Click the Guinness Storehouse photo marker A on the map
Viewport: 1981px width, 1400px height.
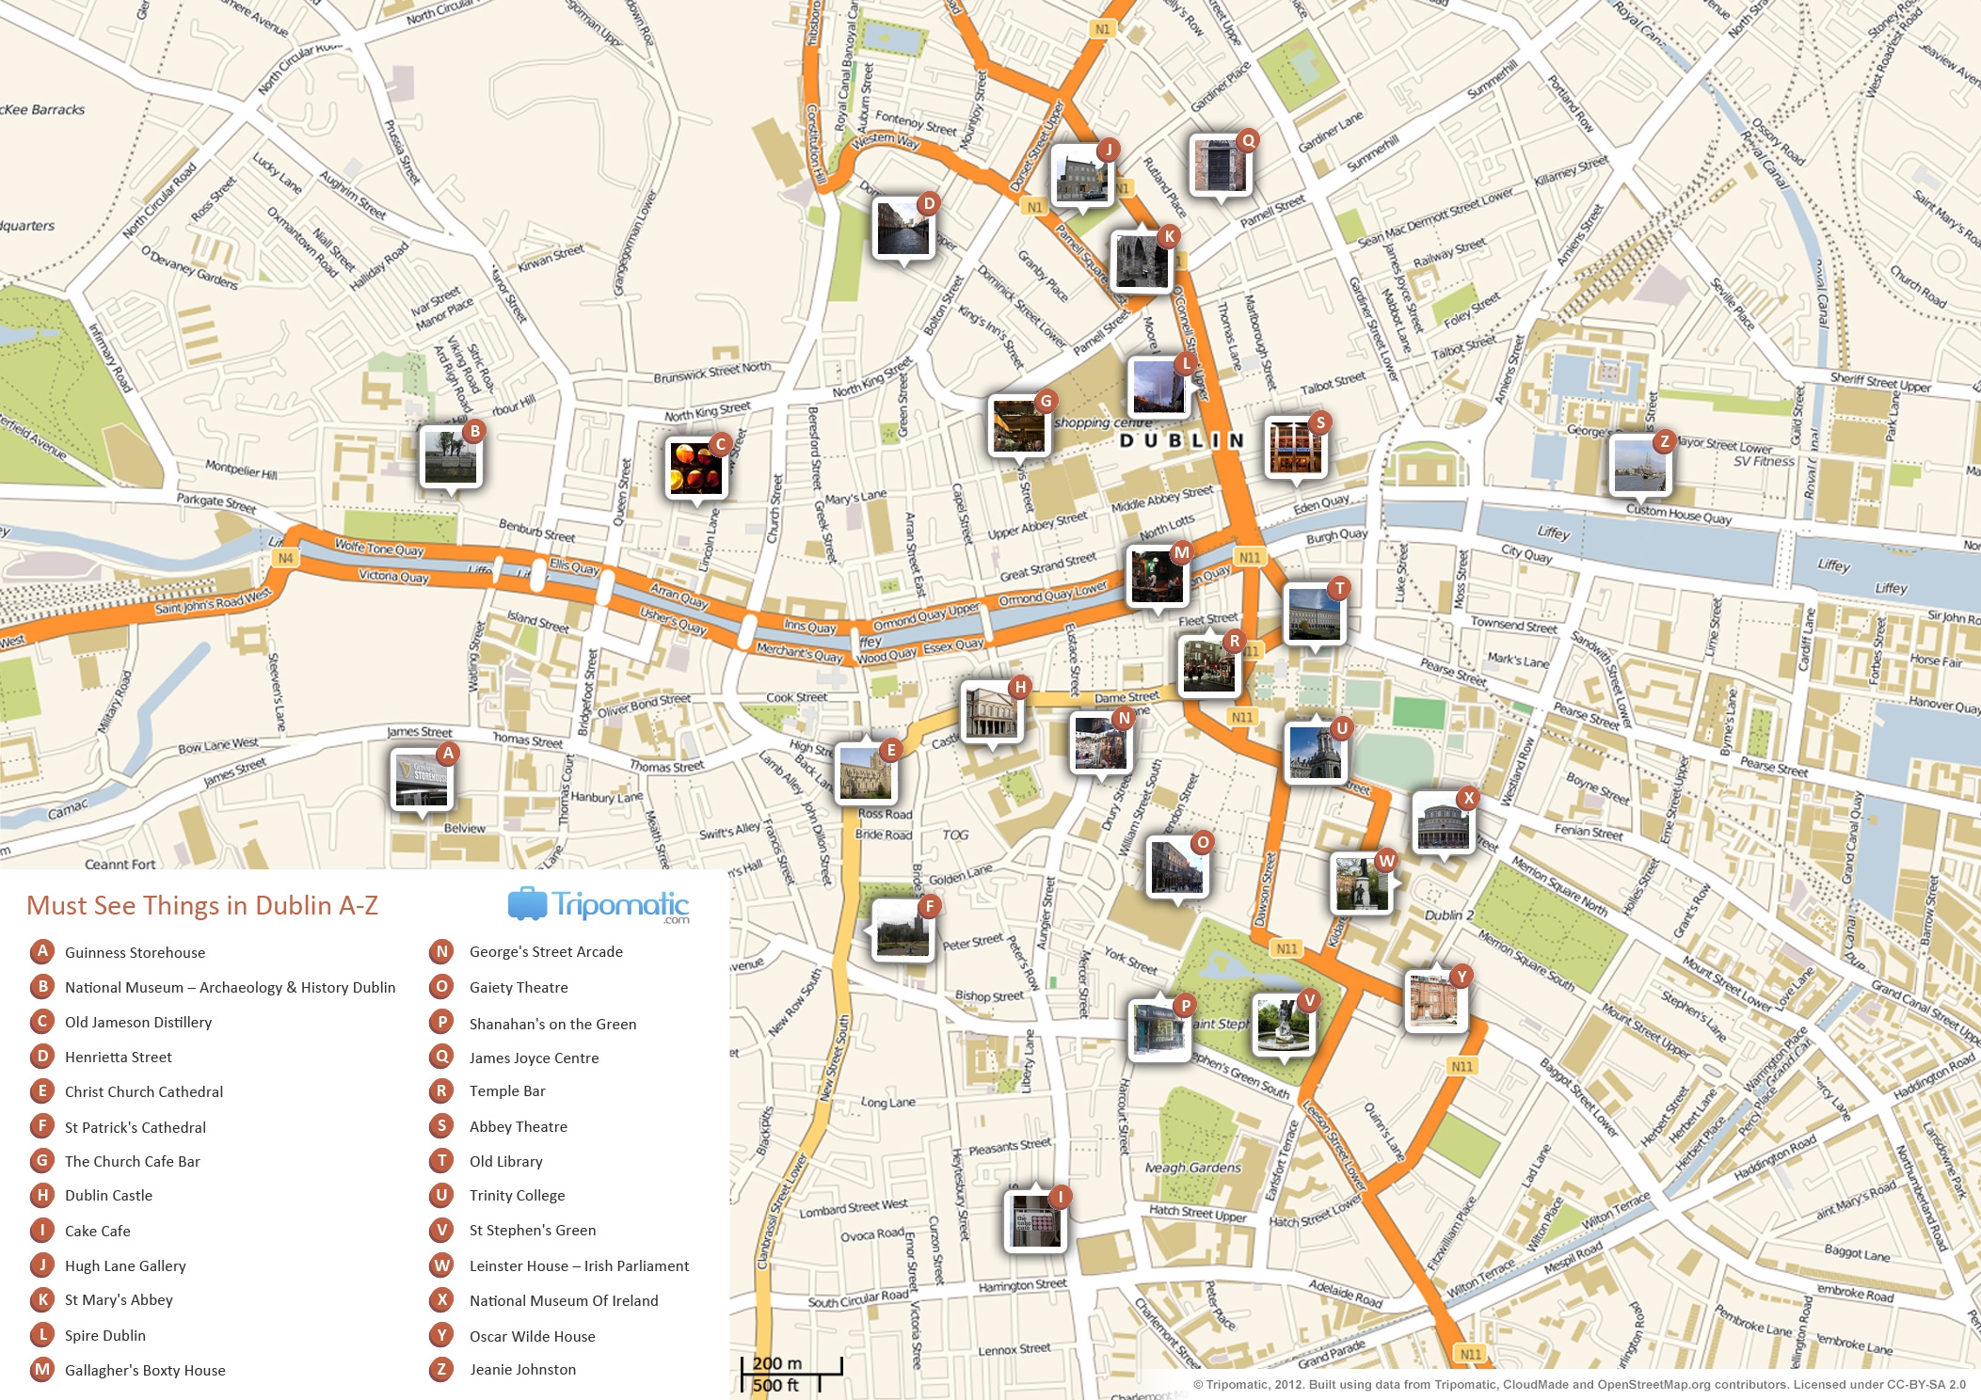[x=423, y=780]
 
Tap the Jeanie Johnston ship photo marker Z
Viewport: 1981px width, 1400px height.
[x=1639, y=466]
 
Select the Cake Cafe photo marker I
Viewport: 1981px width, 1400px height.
[x=1034, y=1221]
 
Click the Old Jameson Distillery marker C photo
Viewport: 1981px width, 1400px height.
[x=695, y=468]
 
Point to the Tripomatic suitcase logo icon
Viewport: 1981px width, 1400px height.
[x=527, y=904]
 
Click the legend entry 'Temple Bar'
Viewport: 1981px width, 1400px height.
[x=507, y=1091]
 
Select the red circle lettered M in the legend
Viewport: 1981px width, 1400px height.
[x=42, y=1370]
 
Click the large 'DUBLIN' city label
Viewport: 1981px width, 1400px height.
[x=1181, y=440]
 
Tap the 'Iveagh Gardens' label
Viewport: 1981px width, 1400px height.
[x=1192, y=1168]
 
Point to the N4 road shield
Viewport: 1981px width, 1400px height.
[x=285, y=558]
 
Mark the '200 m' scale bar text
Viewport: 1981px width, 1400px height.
[x=777, y=1363]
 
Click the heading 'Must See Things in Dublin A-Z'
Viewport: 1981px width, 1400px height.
[x=202, y=905]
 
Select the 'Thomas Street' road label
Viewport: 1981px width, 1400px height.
[x=666, y=767]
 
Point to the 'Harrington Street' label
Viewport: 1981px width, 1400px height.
[x=1022, y=1285]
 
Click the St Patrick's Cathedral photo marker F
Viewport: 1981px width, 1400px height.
[x=903, y=930]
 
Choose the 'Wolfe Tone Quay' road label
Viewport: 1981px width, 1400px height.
[x=379, y=548]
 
